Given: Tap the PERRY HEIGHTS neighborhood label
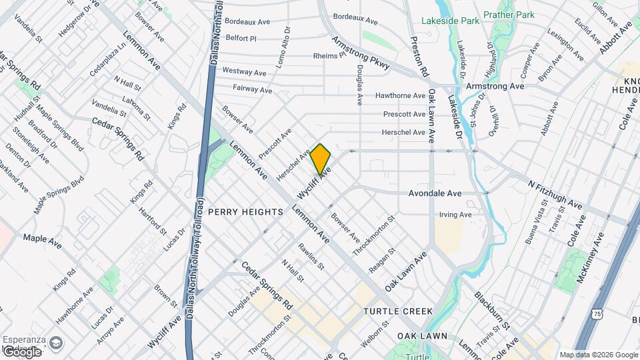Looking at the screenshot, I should pyautogui.click(x=246, y=211).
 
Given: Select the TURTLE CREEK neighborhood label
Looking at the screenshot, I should pyautogui.click(x=398, y=311).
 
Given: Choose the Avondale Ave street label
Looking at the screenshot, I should pyautogui.click(x=435, y=193).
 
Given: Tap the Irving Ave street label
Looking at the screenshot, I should pyautogui.click(x=455, y=215).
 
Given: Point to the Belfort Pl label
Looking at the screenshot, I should pyautogui.click(x=241, y=39).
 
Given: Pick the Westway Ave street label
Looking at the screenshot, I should pyautogui.click(x=244, y=71).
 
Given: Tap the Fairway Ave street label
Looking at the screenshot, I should pyautogui.click(x=253, y=89).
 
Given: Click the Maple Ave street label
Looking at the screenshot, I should pyautogui.click(x=43, y=241).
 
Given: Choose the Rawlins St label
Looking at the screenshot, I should pyautogui.click(x=311, y=256).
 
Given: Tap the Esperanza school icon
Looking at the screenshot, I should pyautogui.click(x=55, y=343).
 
